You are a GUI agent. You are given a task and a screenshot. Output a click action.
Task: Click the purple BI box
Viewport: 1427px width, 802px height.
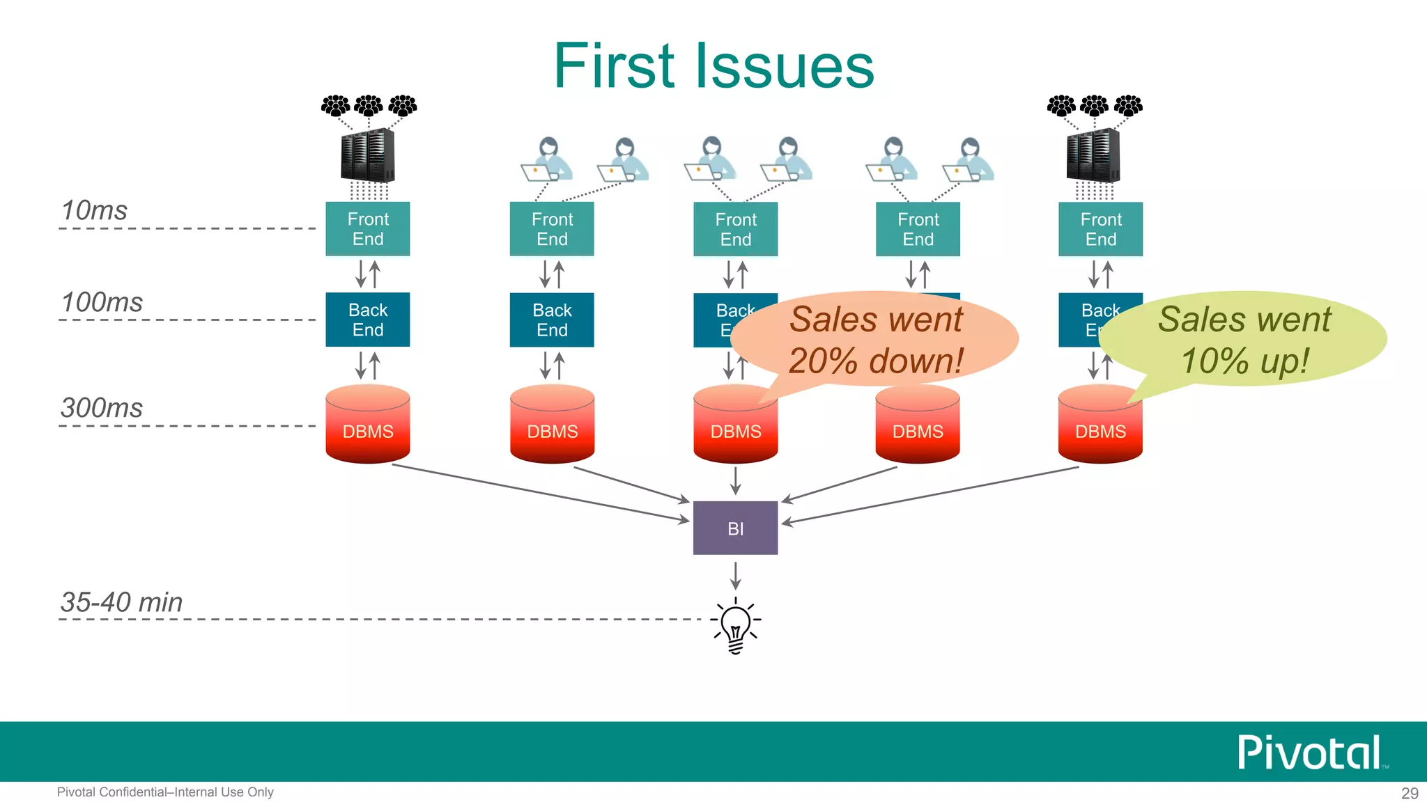[x=735, y=528]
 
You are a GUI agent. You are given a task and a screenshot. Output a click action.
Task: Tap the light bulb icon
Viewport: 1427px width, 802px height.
[x=735, y=624]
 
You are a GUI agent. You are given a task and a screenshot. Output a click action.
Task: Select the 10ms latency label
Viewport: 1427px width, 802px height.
[x=94, y=210]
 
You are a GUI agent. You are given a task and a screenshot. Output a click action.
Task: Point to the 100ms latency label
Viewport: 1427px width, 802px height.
[x=102, y=302]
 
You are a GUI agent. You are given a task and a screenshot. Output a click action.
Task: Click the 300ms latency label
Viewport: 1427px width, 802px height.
[x=102, y=408]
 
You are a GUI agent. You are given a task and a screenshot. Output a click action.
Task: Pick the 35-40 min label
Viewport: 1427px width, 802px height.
[x=121, y=602]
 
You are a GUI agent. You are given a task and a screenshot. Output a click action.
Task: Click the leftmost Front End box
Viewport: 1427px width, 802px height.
[x=367, y=229]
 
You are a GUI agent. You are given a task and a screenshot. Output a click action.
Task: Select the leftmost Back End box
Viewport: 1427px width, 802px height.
[x=367, y=320]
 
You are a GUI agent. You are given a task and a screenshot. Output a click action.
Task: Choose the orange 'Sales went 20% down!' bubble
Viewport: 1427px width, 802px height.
[x=876, y=340]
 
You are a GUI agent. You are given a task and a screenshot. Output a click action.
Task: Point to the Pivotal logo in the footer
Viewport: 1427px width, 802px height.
[x=1310, y=753]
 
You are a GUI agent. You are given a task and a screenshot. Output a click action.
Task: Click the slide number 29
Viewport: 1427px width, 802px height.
[x=1410, y=793]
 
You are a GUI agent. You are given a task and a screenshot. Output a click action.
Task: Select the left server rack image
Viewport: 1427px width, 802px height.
[x=367, y=155]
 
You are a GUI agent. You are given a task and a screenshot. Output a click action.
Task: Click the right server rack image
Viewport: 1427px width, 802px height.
[x=1093, y=155]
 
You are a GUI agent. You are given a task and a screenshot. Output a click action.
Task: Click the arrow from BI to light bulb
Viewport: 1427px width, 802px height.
[x=735, y=575]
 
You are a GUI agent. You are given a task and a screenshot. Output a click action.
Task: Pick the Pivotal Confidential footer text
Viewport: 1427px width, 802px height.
[x=165, y=792]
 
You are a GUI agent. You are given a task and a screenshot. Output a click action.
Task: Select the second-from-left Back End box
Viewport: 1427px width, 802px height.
[x=552, y=320]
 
